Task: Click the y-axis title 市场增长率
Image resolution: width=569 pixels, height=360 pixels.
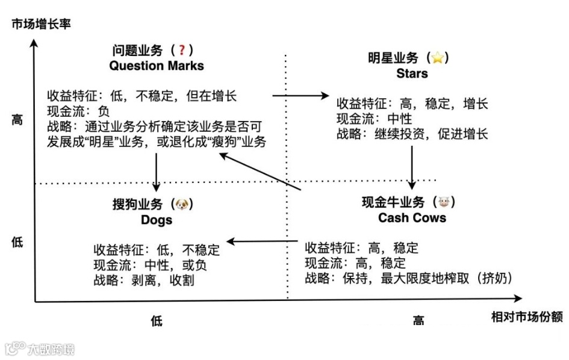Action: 41,25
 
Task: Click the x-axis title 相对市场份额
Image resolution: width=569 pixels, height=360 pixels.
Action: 526,317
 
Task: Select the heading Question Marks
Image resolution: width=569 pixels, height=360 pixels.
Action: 157,66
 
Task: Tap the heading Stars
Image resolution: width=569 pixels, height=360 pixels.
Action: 412,73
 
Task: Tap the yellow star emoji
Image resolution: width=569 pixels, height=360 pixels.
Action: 438,58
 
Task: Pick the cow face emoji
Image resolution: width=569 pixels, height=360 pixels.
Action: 444,202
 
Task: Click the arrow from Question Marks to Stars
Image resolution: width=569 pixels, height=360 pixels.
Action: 300,95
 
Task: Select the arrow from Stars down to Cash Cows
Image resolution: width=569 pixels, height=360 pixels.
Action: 412,166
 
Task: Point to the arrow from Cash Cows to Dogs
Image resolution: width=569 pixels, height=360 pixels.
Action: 263,241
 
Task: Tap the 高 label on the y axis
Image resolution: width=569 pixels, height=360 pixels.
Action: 17,120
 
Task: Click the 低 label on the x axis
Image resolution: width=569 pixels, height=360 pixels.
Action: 157,320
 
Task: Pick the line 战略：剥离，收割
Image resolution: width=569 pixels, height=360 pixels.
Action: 144,280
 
